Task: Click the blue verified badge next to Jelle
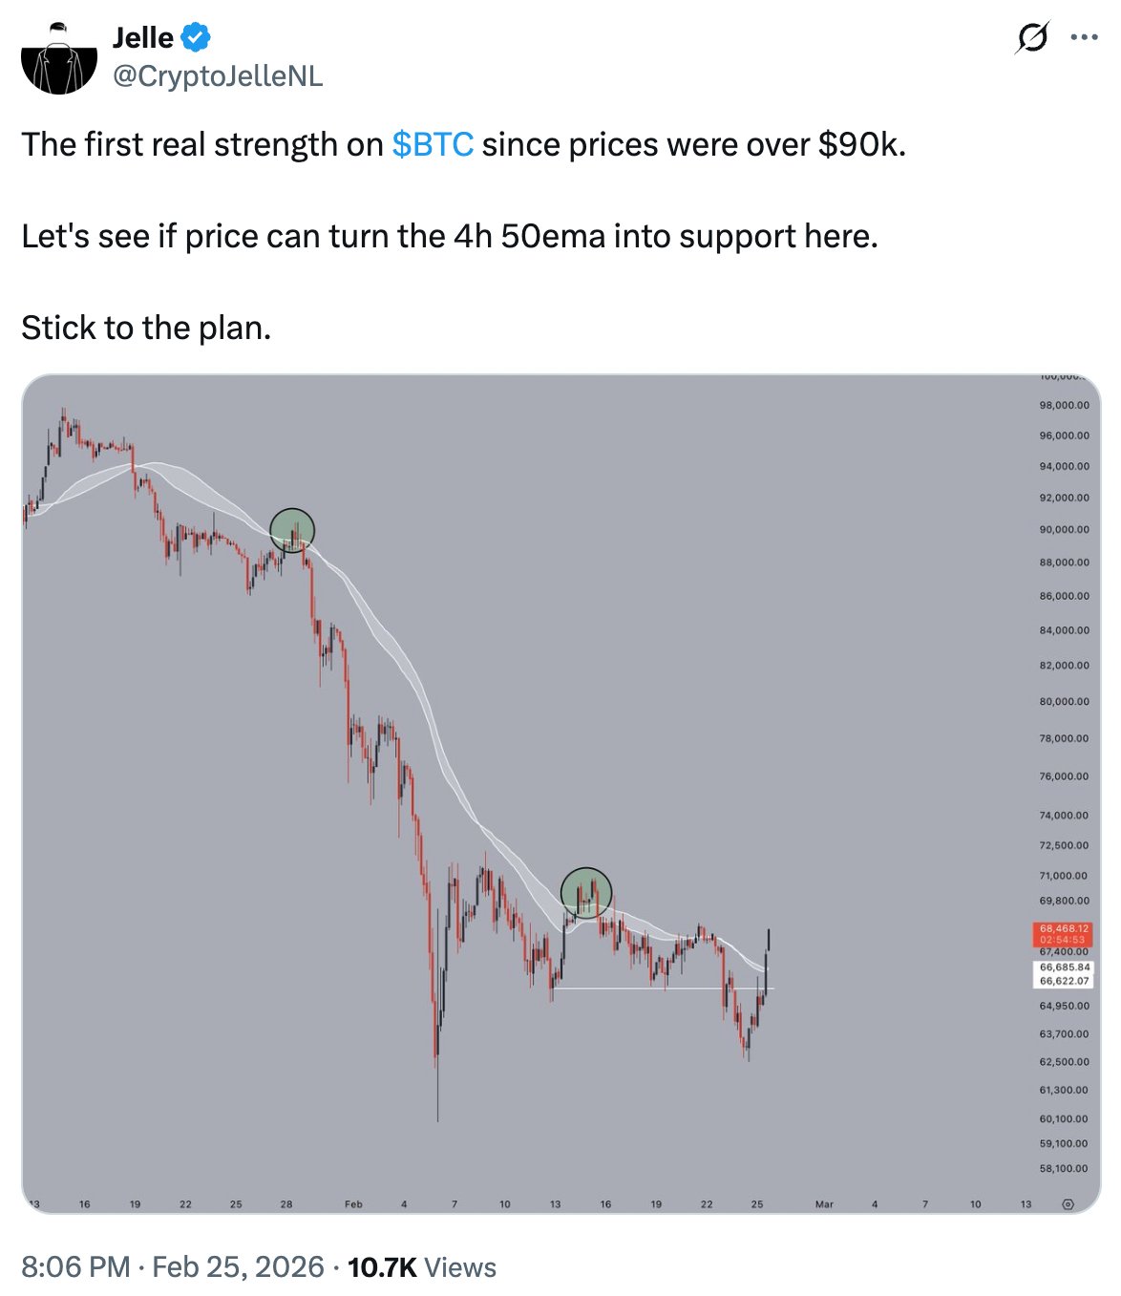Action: [196, 38]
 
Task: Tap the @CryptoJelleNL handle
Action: [218, 76]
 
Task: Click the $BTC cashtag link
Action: [433, 145]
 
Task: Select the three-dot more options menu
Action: [1084, 37]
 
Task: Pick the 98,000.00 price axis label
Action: [1064, 406]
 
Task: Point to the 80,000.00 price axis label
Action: [1064, 702]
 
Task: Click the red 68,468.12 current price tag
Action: [1064, 928]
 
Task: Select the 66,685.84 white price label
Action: [1064, 967]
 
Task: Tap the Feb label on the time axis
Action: [353, 1204]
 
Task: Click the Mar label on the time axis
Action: [824, 1204]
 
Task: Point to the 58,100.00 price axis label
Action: [1064, 1169]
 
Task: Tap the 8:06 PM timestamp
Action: [75, 1267]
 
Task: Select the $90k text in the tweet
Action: [860, 145]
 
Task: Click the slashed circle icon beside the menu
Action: [1032, 37]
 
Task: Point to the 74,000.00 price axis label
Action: [1064, 816]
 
